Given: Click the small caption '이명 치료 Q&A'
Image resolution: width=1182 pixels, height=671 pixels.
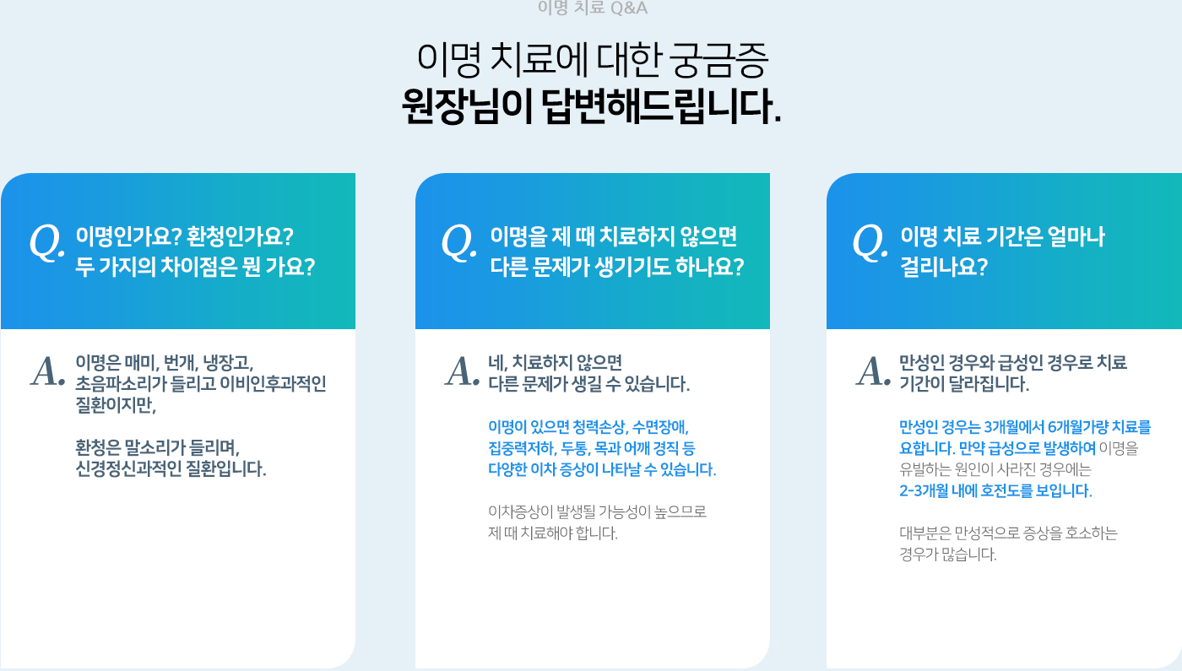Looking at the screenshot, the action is pos(592,8).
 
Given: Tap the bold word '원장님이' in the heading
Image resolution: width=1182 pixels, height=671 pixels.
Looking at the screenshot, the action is pos(466,106).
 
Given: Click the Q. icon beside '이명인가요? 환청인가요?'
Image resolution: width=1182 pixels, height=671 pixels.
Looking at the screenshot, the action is pos(47,243).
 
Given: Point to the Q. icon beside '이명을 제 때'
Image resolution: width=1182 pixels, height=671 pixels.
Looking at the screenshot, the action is pos(459,243).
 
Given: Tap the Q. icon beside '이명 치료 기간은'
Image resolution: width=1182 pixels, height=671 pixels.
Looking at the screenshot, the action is pos(870,243).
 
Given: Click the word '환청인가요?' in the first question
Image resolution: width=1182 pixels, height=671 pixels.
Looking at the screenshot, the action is pos(240,236).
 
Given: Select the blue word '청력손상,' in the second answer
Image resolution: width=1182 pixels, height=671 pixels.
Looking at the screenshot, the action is pos(600,427).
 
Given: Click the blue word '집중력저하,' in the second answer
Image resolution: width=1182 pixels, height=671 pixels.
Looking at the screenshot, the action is pos(523,448).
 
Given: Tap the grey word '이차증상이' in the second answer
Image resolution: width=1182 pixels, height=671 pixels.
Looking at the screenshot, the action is pos(520,511).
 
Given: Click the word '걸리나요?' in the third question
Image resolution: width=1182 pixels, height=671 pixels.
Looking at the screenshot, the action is pos(944,267).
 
